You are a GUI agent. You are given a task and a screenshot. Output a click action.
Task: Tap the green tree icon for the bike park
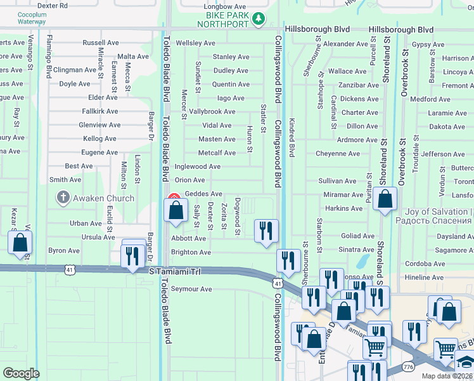258,20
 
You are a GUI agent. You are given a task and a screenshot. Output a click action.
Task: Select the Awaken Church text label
103,198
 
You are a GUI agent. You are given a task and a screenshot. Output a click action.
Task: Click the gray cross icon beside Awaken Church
63,198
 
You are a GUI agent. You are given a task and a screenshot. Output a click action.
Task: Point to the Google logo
21,373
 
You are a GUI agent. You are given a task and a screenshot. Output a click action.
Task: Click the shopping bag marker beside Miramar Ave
385,199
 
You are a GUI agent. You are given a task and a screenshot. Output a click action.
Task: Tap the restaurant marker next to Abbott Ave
266,231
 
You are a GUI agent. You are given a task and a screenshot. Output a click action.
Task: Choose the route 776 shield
407,368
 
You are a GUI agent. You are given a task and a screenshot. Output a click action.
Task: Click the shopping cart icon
375,347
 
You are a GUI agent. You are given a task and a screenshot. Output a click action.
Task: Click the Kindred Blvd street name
291,138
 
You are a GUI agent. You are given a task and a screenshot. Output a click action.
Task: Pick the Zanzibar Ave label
358,85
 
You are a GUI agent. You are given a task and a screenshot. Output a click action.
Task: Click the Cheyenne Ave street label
338,154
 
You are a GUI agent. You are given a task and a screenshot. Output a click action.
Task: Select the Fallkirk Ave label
99,111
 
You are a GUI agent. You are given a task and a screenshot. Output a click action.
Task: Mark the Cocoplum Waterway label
32,18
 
